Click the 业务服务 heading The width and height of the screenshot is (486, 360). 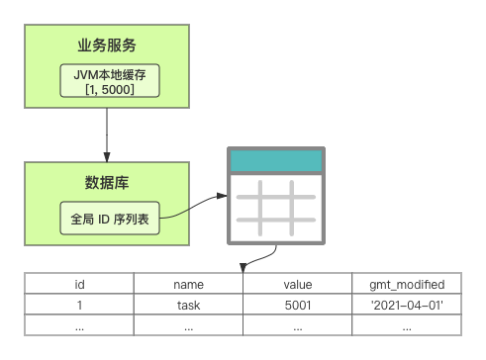[x=107, y=45]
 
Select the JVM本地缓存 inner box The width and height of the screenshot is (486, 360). [x=110, y=81]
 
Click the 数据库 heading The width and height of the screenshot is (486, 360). [x=107, y=183]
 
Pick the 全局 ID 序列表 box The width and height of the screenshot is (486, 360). [x=110, y=219]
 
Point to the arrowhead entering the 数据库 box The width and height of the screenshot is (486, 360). [x=107, y=157]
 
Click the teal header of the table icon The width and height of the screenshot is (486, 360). [x=276, y=161]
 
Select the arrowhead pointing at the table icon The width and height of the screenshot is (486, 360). [x=222, y=196]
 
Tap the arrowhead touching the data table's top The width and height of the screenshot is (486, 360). [x=243, y=268]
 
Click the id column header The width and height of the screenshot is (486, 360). [x=79, y=283]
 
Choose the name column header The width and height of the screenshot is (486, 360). [x=188, y=283]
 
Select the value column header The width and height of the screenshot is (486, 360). [x=298, y=283]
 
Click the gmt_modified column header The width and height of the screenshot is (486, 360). [x=407, y=283]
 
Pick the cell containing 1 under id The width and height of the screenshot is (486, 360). [x=79, y=305]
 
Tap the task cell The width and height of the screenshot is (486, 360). [x=188, y=305]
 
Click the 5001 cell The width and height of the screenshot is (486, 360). [x=298, y=305]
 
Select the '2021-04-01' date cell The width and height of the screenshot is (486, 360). [x=407, y=305]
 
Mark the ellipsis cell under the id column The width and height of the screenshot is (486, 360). [x=79, y=325]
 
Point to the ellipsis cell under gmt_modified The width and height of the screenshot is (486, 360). [x=407, y=325]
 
